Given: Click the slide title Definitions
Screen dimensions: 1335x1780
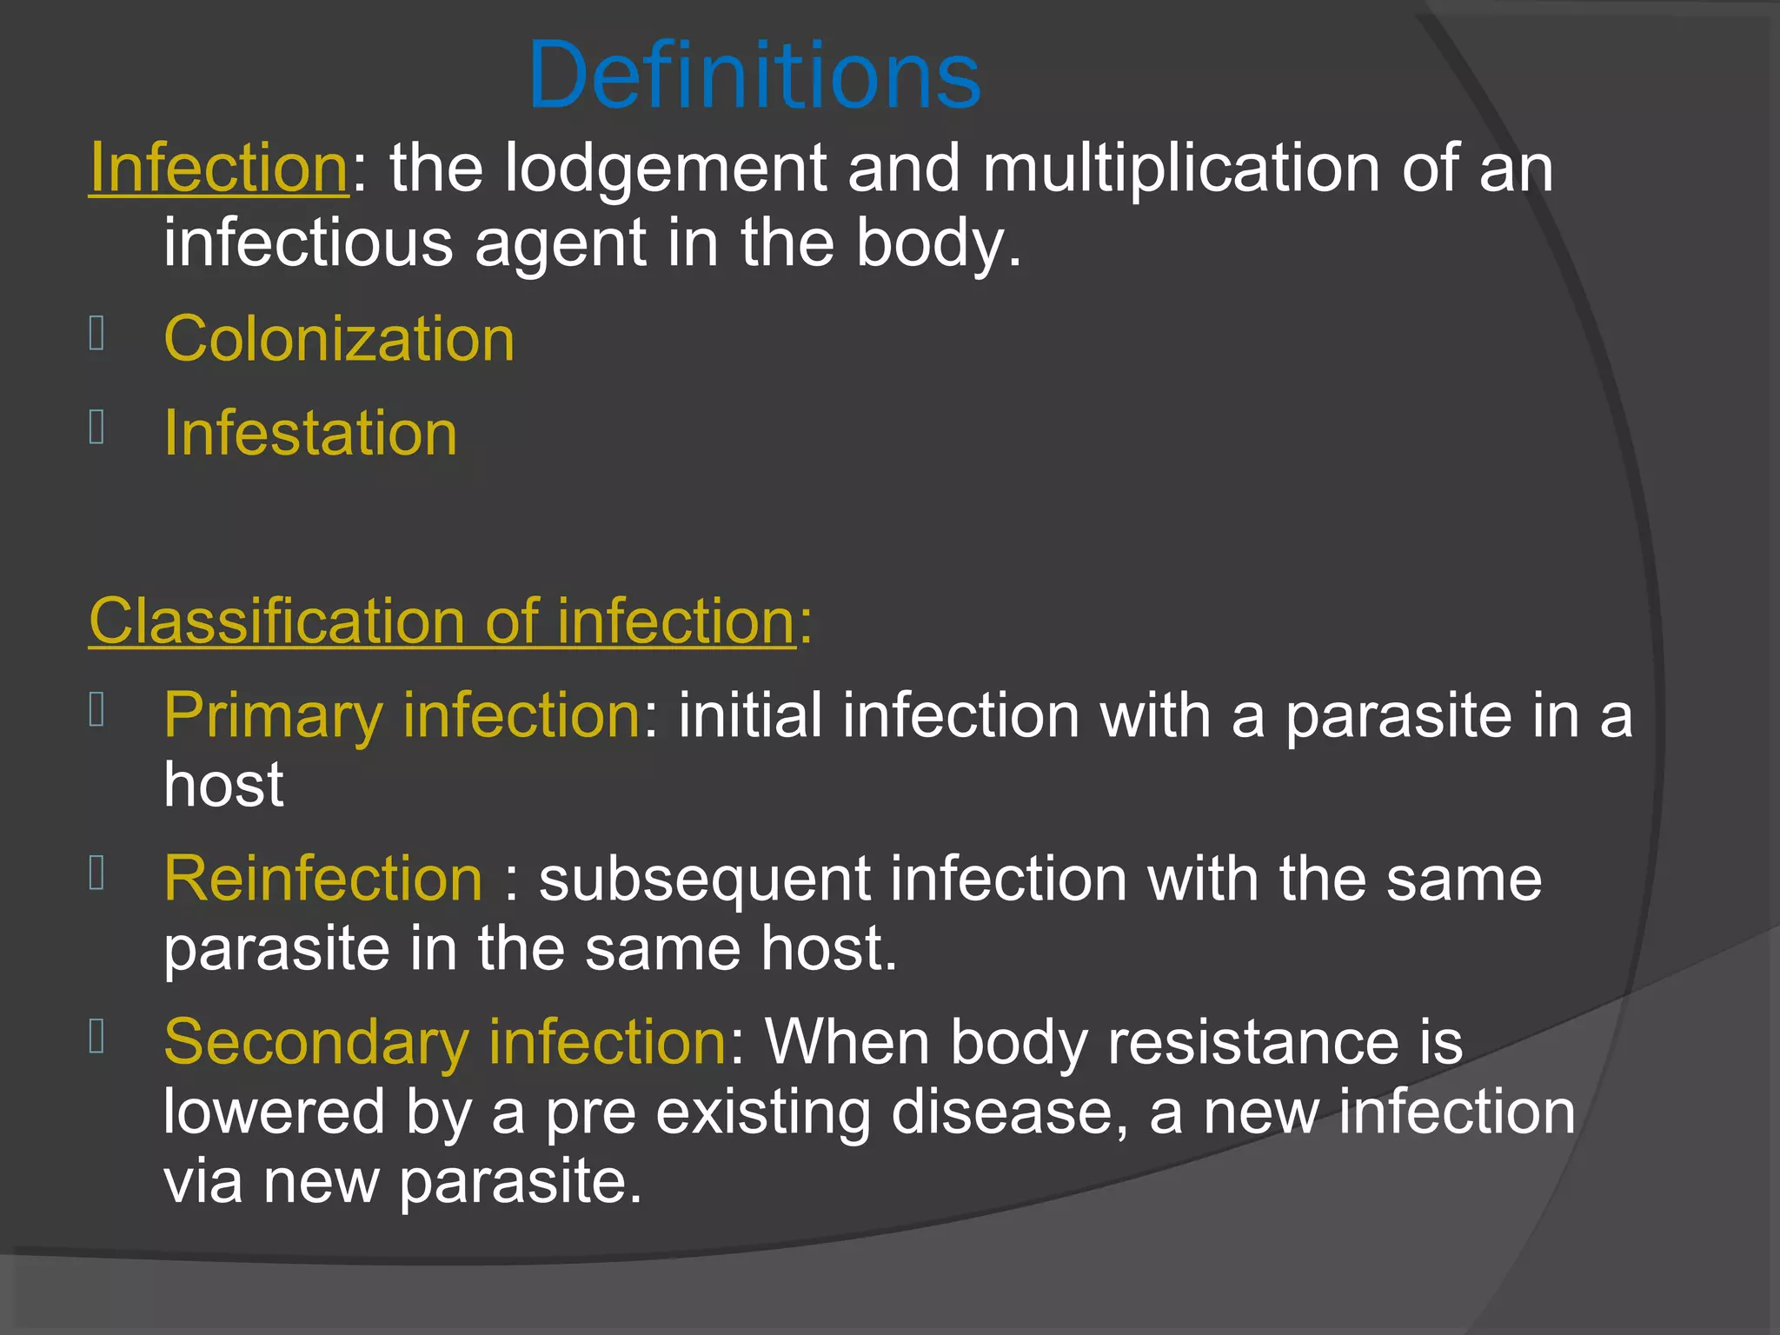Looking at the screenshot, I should click(x=754, y=76).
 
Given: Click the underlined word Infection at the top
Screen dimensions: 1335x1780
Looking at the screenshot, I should click(x=219, y=168).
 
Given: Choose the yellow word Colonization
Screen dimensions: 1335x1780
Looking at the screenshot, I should click(x=339, y=339).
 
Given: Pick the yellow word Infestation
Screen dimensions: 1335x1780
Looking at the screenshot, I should click(x=310, y=434).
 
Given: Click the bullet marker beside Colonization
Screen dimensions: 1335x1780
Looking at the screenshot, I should click(x=96, y=334).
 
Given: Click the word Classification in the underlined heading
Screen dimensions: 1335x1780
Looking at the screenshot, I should click(x=276, y=622).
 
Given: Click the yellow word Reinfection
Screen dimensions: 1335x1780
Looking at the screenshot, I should click(x=322, y=879).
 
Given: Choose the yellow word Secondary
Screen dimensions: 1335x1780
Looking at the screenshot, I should click(x=316, y=1043).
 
